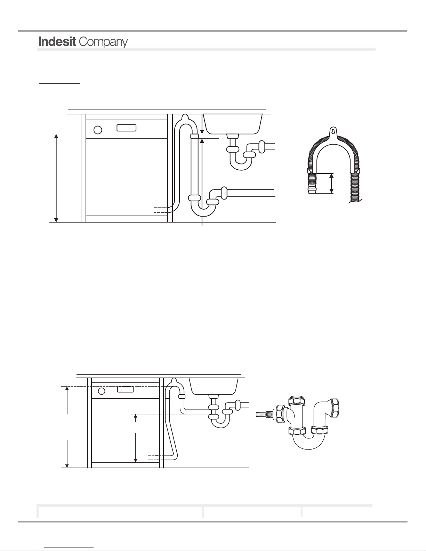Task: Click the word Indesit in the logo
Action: (57, 41)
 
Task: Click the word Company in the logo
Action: (103, 42)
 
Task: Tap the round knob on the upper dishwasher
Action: (98, 130)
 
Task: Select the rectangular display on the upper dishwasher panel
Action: (126, 128)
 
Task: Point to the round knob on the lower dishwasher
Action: (102, 391)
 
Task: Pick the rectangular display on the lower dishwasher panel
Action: (125, 389)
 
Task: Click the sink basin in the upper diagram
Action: (233, 124)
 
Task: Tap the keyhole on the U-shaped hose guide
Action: (333, 131)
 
